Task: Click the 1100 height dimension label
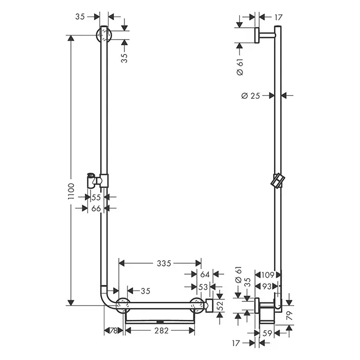(71, 191)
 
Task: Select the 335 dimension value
(164, 263)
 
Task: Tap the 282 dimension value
(161, 331)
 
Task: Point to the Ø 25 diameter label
(251, 96)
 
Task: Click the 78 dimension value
(114, 331)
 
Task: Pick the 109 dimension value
(268, 275)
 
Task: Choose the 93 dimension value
(266, 286)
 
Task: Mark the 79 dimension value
(290, 315)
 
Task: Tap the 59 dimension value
(267, 333)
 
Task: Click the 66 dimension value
(96, 208)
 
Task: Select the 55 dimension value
(96, 197)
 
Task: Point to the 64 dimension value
(205, 274)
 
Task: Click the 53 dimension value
(203, 287)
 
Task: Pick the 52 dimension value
(220, 306)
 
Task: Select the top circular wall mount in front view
(104, 34)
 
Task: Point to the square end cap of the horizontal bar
(209, 305)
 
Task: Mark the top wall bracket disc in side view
(257, 35)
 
